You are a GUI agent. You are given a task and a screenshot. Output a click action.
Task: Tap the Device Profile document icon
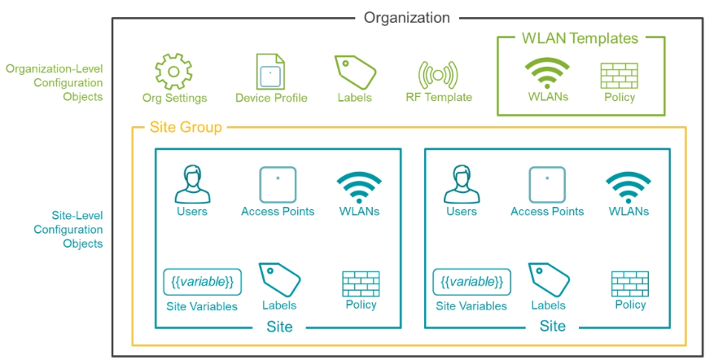click(x=270, y=72)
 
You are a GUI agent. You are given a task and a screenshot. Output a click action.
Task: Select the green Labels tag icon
click(x=355, y=72)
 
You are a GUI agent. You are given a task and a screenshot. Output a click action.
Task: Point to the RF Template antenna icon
click(x=438, y=75)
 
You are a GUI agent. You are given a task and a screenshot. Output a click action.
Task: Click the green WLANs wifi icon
click(x=547, y=73)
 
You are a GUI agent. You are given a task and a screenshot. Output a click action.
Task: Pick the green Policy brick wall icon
click(x=620, y=76)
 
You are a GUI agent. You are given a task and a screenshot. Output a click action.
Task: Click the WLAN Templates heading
click(x=580, y=38)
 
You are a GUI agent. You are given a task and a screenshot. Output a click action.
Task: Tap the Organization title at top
click(x=406, y=18)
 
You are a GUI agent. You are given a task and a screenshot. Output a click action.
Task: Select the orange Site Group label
click(x=186, y=127)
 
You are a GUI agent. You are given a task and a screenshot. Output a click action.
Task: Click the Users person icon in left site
click(x=193, y=184)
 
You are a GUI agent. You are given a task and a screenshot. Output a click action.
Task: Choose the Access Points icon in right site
click(x=547, y=185)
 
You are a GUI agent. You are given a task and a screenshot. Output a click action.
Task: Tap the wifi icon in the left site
click(x=359, y=187)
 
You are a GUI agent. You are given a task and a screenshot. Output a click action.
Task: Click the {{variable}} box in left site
click(x=202, y=282)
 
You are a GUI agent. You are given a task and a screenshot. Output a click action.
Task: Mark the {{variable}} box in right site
click(x=471, y=282)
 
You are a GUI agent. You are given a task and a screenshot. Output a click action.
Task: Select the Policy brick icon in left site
click(x=361, y=284)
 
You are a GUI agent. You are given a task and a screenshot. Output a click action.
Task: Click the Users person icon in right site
click(x=462, y=184)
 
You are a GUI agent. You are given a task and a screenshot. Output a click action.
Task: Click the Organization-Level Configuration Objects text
click(x=55, y=82)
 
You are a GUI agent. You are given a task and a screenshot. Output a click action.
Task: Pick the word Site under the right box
click(x=552, y=327)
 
